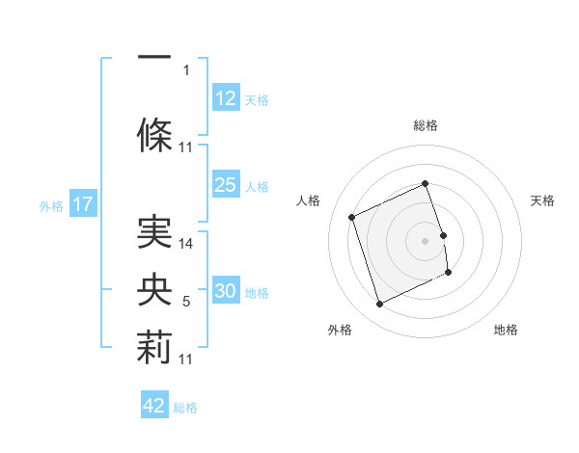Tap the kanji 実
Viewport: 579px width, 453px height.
pyautogui.click(x=154, y=230)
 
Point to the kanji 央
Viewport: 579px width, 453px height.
pyautogui.click(x=154, y=289)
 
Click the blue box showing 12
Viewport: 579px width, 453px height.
pyautogui.click(x=226, y=98)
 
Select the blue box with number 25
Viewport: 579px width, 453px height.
pyautogui.click(x=226, y=185)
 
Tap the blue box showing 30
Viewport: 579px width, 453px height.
pyautogui.click(x=226, y=291)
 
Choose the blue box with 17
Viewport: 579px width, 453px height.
pyautogui.click(x=82, y=204)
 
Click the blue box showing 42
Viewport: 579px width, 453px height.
pyautogui.click(x=154, y=406)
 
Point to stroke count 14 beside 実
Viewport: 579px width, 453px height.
pyautogui.click(x=187, y=244)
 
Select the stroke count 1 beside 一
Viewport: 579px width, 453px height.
pyautogui.click(x=186, y=69)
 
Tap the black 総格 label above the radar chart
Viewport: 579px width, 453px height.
pyautogui.click(x=426, y=125)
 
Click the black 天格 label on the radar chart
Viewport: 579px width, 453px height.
pyautogui.click(x=543, y=200)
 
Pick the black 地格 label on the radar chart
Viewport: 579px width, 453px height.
pyautogui.click(x=506, y=330)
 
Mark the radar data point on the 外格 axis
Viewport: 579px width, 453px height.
pyautogui.click(x=379, y=305)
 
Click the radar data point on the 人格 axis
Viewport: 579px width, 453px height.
pyautogui.click(x=352, y=216)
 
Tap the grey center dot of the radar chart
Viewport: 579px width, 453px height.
pyautogui.click(x=426, y=240)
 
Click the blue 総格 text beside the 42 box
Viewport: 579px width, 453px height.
pyautogui.click(x=185, y=408)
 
